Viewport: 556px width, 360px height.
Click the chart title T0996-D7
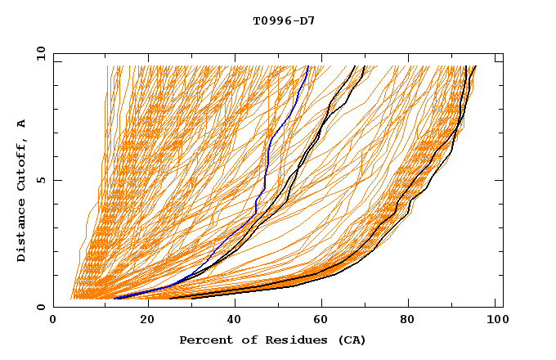284,20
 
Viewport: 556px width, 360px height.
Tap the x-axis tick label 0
53,320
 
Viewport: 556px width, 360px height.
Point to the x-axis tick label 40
235,320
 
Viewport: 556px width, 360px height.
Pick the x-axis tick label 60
323,320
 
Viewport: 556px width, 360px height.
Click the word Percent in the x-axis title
202,340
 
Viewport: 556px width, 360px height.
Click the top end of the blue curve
307,66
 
